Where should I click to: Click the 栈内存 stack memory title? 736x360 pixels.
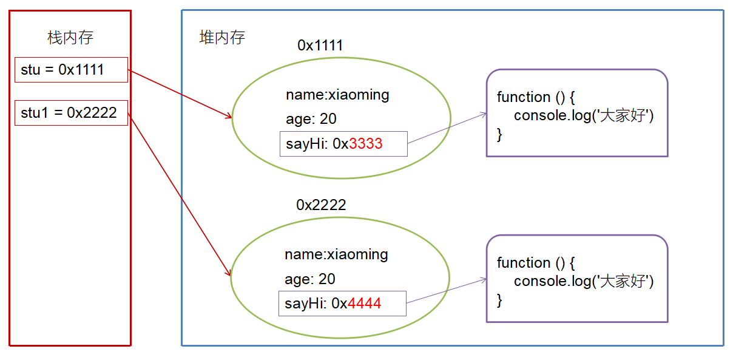coord(70,38)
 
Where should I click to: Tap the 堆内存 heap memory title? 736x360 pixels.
coord(222,38)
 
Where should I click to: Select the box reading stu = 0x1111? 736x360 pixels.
coord(72,70)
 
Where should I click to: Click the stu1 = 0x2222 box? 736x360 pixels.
coord(72,113)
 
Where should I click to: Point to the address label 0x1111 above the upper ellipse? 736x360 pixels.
coord(320,46)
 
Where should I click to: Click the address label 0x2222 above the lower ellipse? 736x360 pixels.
coord(321,205)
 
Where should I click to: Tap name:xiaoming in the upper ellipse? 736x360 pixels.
coord(337,95)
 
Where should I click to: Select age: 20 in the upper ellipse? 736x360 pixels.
coord(311,119)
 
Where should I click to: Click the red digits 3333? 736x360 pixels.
coord(366,144)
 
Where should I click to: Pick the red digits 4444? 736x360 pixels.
coord(365,303)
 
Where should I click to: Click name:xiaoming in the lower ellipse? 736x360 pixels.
coord(336,255)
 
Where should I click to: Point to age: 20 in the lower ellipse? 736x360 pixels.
coord(310,279)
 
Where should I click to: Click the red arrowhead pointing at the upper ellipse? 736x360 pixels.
coord(229,116)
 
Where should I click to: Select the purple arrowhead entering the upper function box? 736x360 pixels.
coord(484,114)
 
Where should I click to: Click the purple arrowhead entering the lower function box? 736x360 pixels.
coord(484,280)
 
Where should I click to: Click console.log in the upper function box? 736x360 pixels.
coord(552,116)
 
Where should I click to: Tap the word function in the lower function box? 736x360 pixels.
coord(524,263)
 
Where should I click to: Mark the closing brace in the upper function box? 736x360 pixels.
coord(499,135)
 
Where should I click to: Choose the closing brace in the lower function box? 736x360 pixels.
coord(499,301)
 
